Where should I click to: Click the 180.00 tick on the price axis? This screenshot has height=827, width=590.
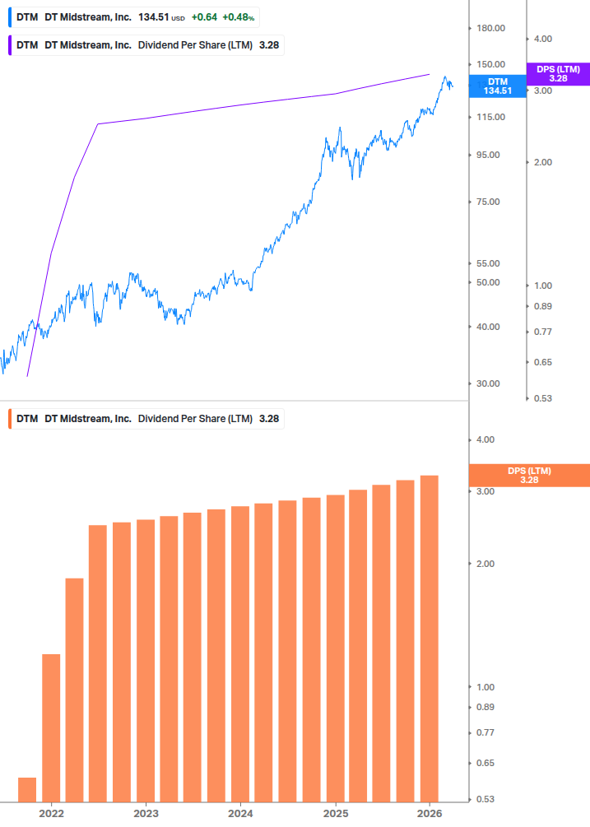pos(490,28)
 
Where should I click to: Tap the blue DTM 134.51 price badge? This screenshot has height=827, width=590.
pos(497,86)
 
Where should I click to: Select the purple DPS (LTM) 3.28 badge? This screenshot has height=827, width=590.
pos(558,74)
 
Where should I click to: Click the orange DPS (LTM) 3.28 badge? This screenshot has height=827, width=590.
pos(528,475)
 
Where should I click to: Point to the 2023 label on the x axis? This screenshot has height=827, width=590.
pos(146,814)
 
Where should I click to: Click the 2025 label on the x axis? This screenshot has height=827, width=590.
pos(335,814)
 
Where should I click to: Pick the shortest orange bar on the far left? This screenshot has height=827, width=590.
pos(27,789)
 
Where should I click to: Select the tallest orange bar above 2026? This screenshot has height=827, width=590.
pos(430,638)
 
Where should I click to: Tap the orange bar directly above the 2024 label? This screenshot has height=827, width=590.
pos(240,653)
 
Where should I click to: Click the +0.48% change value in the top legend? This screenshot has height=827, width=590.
pos(239,17)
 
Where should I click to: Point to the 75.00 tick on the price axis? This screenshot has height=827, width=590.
pos(490,202)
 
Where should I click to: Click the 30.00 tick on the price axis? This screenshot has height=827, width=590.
pos(490,383)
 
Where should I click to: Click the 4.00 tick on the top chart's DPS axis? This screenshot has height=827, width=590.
pos(543,39)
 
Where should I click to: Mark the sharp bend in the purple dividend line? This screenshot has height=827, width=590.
pos(98,124)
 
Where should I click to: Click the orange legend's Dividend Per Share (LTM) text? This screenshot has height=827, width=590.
pos(195,419)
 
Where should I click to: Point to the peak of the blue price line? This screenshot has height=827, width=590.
pos(445,77)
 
